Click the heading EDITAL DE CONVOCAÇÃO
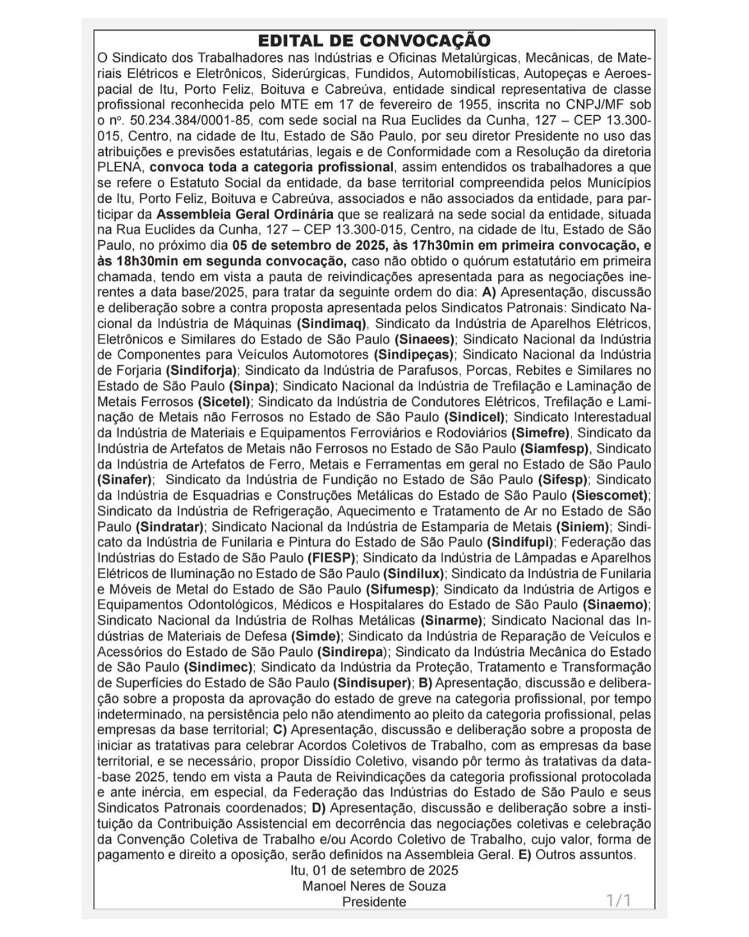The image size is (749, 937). point(374,40)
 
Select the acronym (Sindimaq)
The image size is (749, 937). point(332,323)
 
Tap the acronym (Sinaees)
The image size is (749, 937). point(424,339)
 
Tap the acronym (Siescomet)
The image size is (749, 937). point(610,495)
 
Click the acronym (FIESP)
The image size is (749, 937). point(331,557)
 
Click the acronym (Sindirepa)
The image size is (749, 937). point(353,652)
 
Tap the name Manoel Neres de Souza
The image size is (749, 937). point(374,886)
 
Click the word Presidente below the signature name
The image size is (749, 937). point(374,902)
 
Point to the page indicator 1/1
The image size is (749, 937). point(619,901)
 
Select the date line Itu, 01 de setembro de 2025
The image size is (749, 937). point(374,870)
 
